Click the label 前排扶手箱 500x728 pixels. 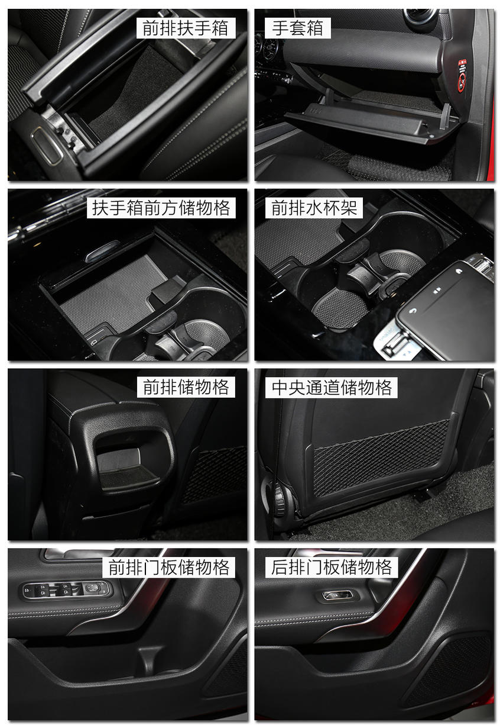pos(185,28)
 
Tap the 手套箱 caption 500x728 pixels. pos(297,28)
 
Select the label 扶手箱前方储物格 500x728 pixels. pos(161,208)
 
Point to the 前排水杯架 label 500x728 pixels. pos(314,208)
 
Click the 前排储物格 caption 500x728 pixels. pos(186,387)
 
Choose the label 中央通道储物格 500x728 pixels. pos(332,388)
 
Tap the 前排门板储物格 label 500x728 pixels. pos(168,567)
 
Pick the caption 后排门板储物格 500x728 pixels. pos(332,567)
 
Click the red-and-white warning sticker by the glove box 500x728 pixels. pos(462,75)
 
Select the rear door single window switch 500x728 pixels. pos(337,595)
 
